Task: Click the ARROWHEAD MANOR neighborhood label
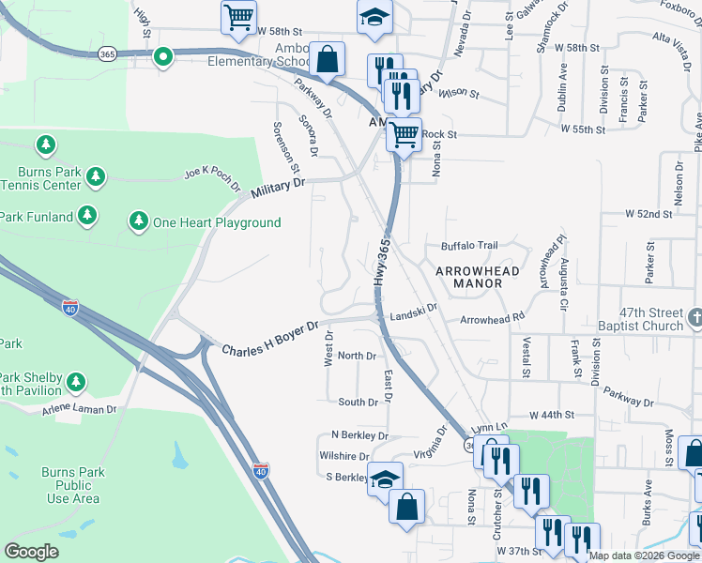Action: click(x=478, y=276)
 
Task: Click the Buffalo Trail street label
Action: click(x=469, y=247)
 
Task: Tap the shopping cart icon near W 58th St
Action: click(x=238, y=17)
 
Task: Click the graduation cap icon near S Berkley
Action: click(x=385, y=478)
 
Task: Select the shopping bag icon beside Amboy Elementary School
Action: click(x=327, y=59)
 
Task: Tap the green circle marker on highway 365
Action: click(x=162, y=58)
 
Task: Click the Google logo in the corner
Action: click(x=32, y=551)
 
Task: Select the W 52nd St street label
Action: click(x=649, y=214)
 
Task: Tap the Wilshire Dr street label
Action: click(x=343, y=456)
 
